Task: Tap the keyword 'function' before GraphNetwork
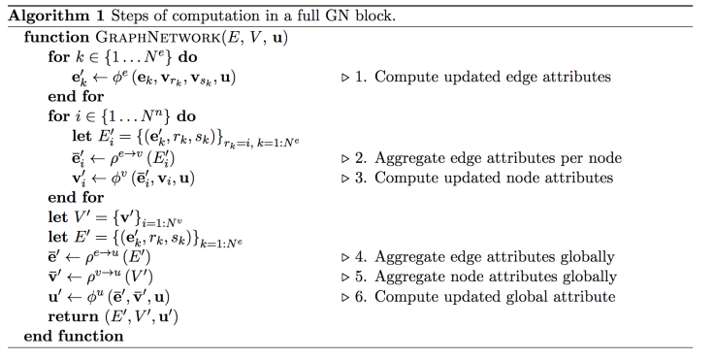pyautogui.click(x=56, y=38)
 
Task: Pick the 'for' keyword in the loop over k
pyautogui.click(x=58, y=57)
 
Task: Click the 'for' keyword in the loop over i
pyautogui.click(x=58, y=117)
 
